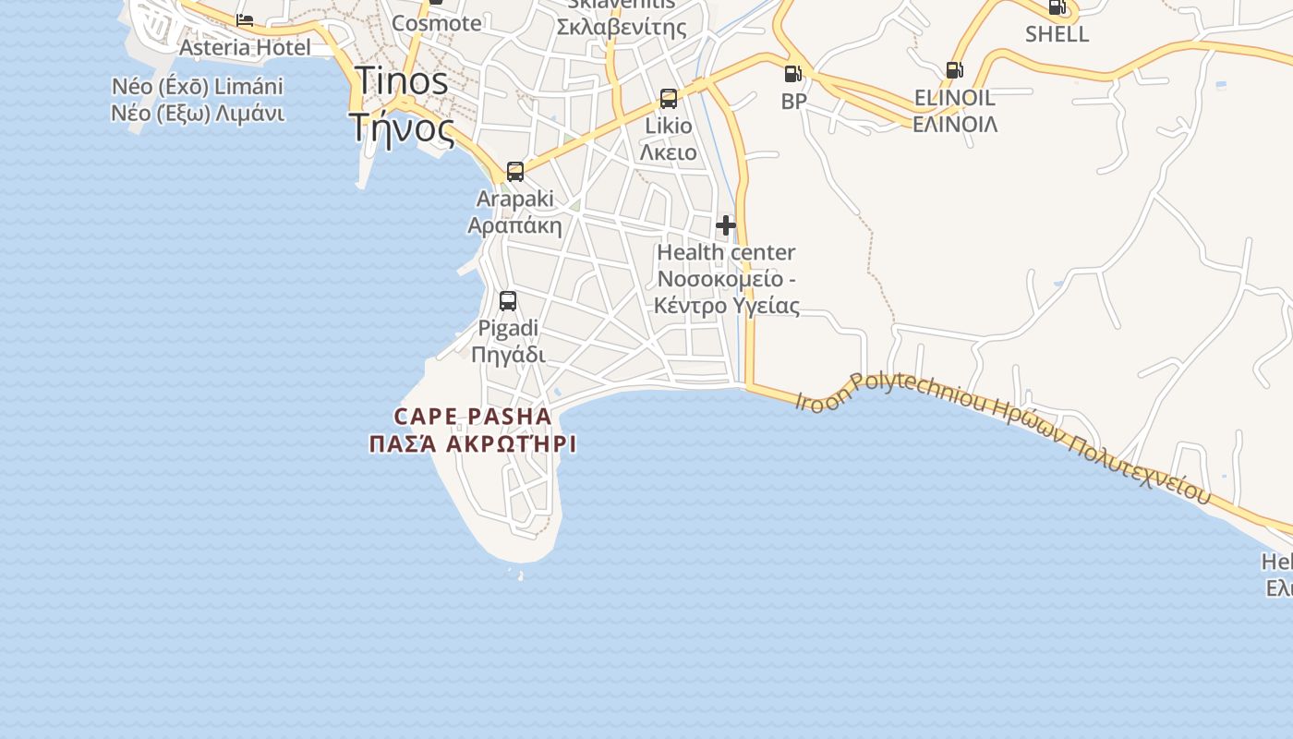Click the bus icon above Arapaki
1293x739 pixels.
click(515, 172)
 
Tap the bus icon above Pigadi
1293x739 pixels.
click(508, 301)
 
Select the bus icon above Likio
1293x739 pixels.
click(669, 99)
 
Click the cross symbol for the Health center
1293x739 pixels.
click(726, 224)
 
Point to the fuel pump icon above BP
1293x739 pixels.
click(792, 74)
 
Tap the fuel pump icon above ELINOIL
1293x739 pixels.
click(954, 70)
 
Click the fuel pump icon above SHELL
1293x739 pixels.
click(1057, 7)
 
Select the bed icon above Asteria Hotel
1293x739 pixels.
click(245, 20)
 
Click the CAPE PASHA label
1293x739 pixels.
click(473, 417)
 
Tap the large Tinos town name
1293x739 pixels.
click(402, 80)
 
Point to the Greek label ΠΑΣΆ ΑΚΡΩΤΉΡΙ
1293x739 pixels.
click(473, 444)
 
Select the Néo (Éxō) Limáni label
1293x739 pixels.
click(198, 87)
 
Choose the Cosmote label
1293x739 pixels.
click(437, 23)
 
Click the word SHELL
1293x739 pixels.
click(1057, 34)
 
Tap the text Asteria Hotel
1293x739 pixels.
click(245, 47)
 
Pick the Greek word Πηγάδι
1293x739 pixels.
click(508, 355)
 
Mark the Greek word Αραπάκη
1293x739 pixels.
click(514, 225)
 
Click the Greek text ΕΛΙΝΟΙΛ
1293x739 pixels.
click(955, 124)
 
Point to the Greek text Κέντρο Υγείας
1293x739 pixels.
click(727, 306)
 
